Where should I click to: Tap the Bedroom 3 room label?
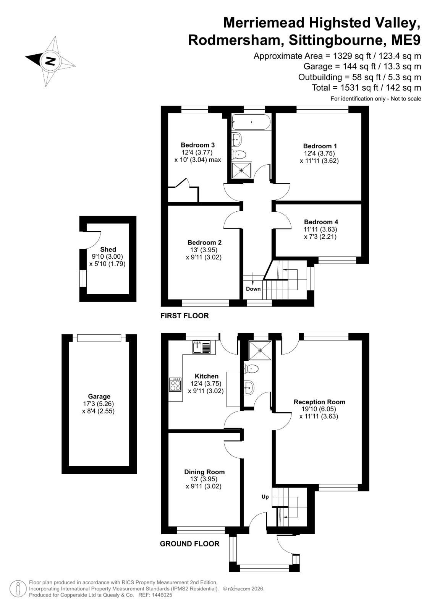198,145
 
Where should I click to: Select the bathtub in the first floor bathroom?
251,122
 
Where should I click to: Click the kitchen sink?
202,347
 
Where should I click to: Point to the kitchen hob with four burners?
175,384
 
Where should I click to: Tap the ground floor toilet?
251,369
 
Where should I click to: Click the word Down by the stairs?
253,289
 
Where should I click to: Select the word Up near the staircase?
265,497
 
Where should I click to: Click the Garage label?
99,396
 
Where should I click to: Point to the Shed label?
108,249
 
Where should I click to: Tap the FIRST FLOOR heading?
184,316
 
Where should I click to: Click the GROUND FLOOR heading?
189,544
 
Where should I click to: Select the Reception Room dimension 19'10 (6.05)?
319,409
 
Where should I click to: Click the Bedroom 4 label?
320,222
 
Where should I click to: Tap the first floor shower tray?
241,170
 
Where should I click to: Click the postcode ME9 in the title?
406,40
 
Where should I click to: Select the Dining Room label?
205,472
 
